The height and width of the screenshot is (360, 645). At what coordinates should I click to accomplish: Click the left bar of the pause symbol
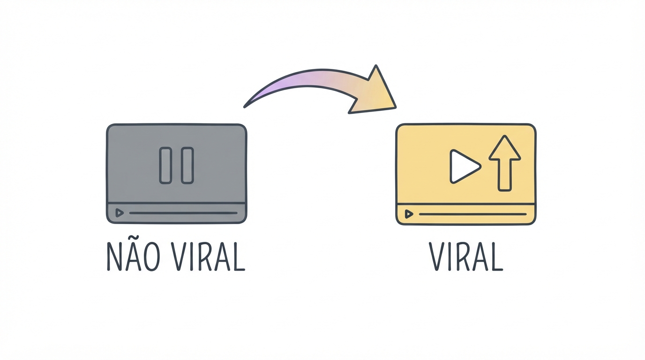pos(165,165)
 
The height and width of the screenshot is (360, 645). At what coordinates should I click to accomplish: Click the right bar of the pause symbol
pos(187,165)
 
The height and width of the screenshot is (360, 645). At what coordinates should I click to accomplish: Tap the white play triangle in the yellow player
pos(465,166)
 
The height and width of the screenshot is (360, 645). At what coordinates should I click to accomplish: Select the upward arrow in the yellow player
pos(504,163)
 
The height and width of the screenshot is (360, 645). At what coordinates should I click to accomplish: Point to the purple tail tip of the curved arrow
pos(245,106)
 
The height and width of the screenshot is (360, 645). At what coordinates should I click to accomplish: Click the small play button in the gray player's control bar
pos(119,213)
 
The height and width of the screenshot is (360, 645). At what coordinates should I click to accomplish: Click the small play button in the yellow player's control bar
pos(409,214)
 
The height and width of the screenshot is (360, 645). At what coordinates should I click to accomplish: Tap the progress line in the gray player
pos(183,213)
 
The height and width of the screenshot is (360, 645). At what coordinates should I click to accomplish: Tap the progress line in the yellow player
pos(472,214)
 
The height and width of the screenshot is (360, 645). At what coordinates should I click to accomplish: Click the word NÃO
pos(133,256)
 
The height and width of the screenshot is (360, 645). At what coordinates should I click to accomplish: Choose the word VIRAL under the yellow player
pos(466,256)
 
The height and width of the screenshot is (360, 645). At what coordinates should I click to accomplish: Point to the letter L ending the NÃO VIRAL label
pos(238,256)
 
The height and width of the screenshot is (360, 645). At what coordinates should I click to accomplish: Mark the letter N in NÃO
pos(114,257)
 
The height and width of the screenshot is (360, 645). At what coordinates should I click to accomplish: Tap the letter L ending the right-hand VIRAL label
pos(496,256)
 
